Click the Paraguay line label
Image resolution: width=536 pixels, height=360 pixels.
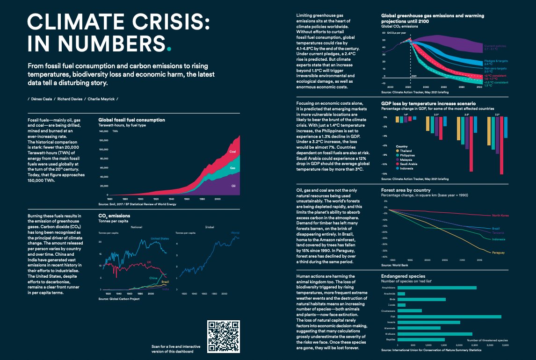click(x=498, y=252)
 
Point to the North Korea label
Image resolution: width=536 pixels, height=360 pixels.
click(x=501, y=216)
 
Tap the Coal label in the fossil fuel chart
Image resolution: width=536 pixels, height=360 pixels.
click(x=232, y=152)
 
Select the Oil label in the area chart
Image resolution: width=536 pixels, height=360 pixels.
click(x=233, y=186)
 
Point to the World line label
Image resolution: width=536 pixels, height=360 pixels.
click(x=235, y=232)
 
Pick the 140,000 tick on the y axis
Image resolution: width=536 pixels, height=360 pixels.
click(x=104, y=131)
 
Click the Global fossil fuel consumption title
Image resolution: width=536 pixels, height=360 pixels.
click(x=131, y=120)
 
